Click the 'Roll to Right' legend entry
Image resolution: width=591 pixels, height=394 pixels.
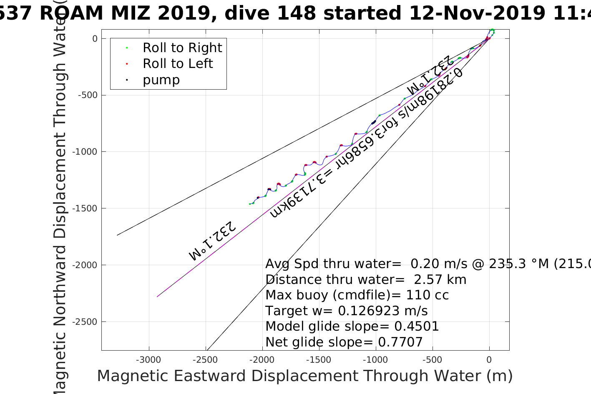182,48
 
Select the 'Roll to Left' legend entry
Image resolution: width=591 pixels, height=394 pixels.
177,64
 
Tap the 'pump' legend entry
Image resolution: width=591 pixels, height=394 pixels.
161,80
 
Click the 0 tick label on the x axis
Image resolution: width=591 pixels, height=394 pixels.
489,360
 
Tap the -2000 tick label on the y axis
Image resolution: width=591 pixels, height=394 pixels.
86,265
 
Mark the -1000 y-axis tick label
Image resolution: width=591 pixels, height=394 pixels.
86,152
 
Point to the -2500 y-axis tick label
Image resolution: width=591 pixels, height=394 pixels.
86,322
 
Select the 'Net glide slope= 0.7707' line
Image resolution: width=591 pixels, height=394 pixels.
344,342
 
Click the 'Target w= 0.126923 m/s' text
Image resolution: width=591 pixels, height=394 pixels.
347,311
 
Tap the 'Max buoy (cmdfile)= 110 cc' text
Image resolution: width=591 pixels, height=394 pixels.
357,295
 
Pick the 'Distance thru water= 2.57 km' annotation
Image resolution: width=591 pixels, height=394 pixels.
366,280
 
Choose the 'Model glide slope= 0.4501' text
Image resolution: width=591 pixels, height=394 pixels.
352,326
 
